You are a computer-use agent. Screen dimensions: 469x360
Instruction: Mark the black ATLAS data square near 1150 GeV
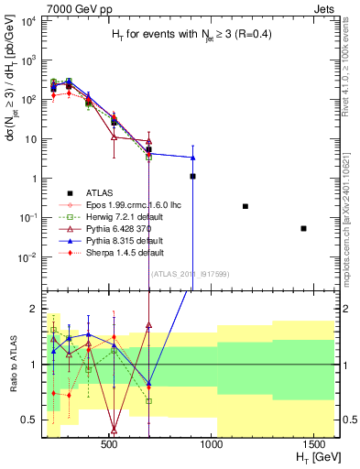click(x=245, y=206)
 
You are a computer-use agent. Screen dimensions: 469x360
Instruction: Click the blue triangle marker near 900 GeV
click(x=192, y=157)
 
